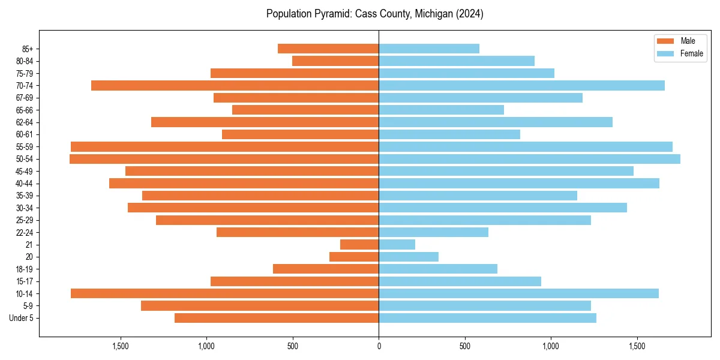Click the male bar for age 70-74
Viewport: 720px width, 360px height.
point(235,85)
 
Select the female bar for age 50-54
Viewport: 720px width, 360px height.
point(529,159)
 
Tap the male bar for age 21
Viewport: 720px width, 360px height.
point(359,245)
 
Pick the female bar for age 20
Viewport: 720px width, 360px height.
point(409,257)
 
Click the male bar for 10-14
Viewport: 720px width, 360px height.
point(224,293)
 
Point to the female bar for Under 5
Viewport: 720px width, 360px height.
point(487,318)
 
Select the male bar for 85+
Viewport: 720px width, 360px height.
point(328,49)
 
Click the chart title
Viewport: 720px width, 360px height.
point(375,14)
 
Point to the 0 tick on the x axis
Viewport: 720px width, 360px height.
point(379,346)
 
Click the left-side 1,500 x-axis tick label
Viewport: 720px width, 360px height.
point(121,346)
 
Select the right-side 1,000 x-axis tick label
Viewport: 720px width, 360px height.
point(551,346)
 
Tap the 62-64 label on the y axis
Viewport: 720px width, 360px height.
point(25,122)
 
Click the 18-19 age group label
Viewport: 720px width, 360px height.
point(25,269)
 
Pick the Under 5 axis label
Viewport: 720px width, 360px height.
point(22,318)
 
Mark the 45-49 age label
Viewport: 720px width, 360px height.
point(25,171)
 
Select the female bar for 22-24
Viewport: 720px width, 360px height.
point(433,232)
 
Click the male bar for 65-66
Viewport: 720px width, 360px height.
point(305,110)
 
